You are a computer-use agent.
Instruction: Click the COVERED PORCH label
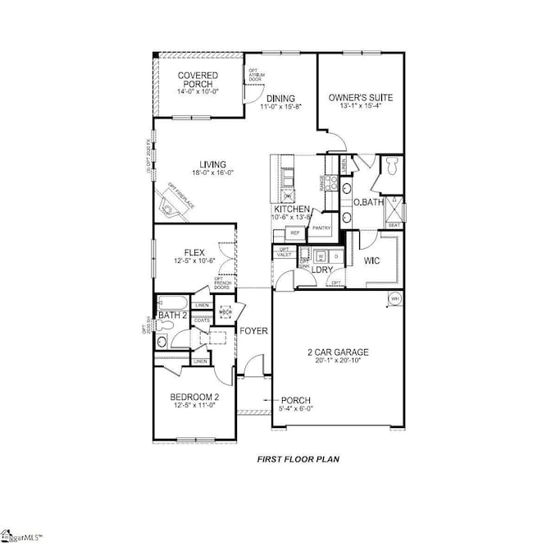[197, 80]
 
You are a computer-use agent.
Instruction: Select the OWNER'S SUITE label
[361, 98]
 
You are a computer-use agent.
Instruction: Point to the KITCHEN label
[291, 209]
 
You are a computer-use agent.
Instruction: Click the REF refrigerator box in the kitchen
[294, 233]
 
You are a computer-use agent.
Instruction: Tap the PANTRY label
[321, 228]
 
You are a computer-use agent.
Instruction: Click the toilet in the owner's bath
[391, 168]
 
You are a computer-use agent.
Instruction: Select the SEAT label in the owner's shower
[394, 223]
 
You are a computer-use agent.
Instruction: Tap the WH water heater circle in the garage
[394, 298]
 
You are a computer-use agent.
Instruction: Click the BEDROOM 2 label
[194, 398]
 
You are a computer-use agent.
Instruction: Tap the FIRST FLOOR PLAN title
[298, 459]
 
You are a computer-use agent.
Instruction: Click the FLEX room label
[194, 252]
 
